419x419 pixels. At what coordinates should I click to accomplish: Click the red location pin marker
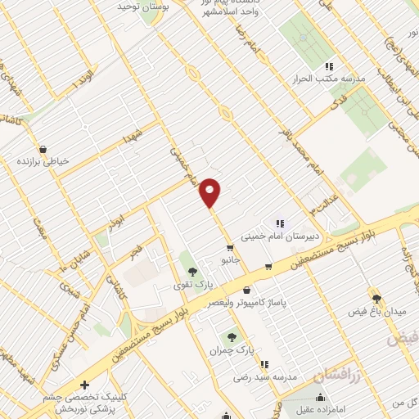[x=210, y=192]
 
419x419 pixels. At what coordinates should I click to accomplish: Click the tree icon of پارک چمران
[x=233, y=336]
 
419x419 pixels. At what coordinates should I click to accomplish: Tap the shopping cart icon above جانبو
[x=230, y=246]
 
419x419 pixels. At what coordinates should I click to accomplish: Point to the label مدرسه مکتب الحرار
[x=328, y=80]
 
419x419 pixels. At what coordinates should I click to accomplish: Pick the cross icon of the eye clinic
[x=83, y=385]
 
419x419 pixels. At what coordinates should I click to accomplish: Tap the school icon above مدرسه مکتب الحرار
[x=329, y=66]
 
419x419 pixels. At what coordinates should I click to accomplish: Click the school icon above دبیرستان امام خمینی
[x=280, y=223]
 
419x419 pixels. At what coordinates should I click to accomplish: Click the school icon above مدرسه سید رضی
[x=263, y=363]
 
